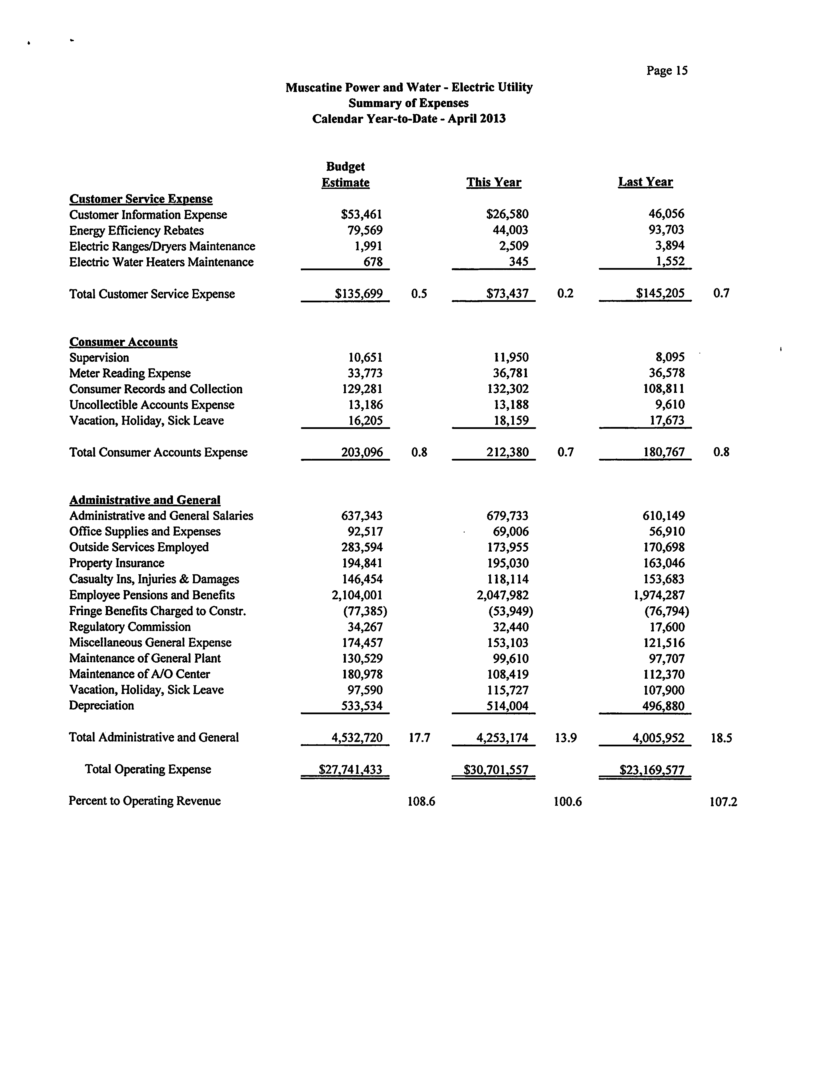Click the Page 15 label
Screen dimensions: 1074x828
click(667, 71)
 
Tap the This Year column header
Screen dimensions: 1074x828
click(493, 182)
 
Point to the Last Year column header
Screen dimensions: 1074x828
click(645, 182)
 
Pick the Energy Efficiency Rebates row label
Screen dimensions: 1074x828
click(136, 231)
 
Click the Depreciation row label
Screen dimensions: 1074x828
click(101, 706)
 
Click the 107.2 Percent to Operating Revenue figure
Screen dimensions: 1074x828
click(723, 802)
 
